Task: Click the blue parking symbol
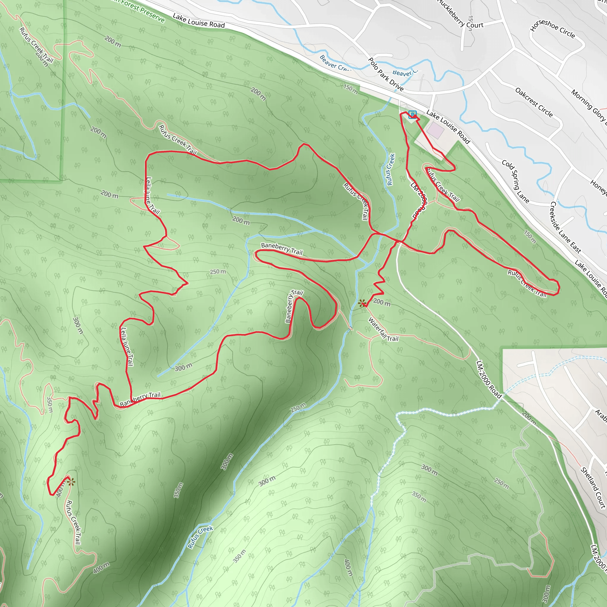(412, 115)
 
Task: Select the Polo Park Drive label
(386, 74)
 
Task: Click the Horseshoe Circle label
(553, 29)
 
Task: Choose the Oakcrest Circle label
(534, 103)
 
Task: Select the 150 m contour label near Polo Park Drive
(350, 89)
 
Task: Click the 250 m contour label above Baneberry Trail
(218, 271)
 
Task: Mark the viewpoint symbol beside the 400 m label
(71, 482)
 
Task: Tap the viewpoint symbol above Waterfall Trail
(362, 303)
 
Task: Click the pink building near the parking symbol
(435, 130)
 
